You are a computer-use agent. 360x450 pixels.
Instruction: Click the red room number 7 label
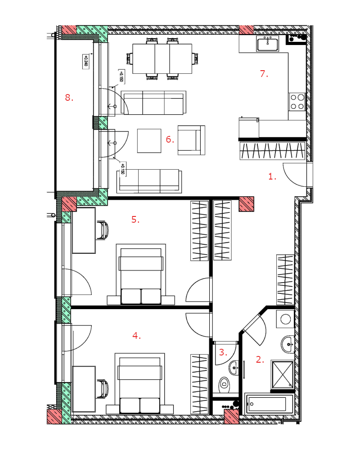point(264,74)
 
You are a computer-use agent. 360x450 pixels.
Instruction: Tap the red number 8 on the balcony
point(69,98)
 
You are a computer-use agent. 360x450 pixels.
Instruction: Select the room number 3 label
point(223,352)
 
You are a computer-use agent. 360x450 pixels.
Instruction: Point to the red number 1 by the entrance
point(272,176)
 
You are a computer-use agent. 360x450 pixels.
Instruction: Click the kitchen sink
point(268,44)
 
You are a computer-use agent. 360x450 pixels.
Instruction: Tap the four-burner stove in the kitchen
point(297,102)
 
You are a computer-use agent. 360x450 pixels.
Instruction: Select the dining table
point(162,58)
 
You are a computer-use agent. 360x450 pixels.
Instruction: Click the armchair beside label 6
point(191,140)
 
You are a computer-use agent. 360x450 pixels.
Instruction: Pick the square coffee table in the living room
point(149,140)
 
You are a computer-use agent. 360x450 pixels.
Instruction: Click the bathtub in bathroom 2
point(269,404)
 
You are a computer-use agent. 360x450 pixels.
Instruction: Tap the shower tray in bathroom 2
point(283,374)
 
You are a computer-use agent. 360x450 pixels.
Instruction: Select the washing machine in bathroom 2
point(285,319)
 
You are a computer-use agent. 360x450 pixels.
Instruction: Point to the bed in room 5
point(141,274)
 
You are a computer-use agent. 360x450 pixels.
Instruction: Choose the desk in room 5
point(84,230)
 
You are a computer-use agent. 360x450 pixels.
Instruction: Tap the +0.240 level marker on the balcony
point(85,61)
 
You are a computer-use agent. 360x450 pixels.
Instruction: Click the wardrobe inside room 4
point(199,384)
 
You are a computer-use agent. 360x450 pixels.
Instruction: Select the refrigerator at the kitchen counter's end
point(249,127)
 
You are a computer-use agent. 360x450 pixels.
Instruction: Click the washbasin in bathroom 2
point(288,344)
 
